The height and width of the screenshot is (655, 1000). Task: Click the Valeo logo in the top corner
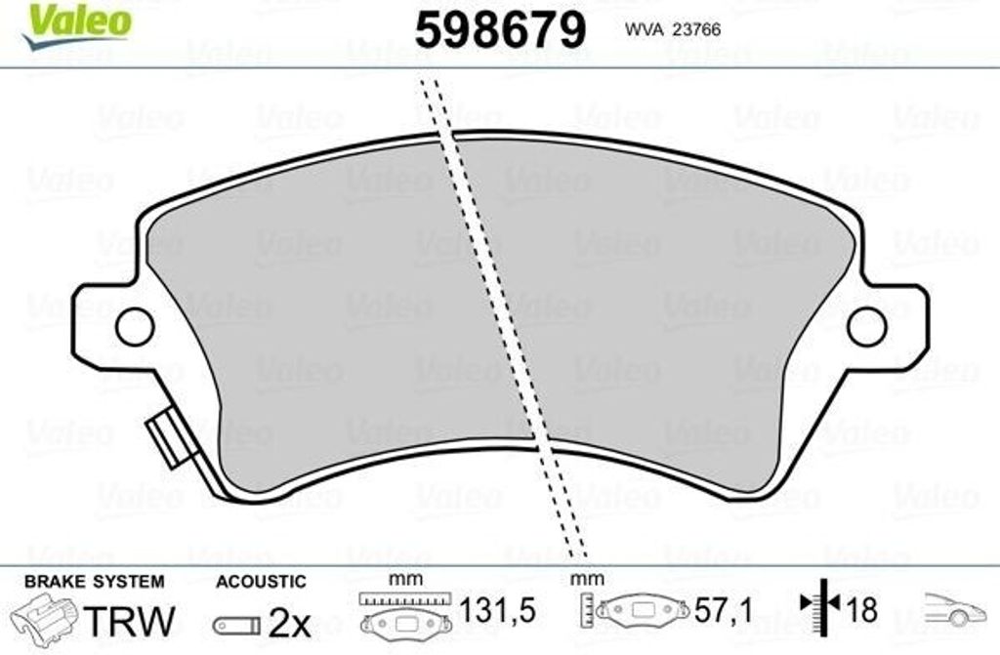(76, 25)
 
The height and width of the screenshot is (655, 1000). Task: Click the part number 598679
(500, 30)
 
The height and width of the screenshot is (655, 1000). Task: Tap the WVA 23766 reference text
(672, 29)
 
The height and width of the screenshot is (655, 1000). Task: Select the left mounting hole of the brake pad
(135, 327)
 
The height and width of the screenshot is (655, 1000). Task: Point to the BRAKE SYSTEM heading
(95, 582)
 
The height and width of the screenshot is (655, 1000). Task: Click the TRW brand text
(130, 621)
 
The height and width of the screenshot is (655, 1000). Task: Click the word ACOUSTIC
(261, 582)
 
